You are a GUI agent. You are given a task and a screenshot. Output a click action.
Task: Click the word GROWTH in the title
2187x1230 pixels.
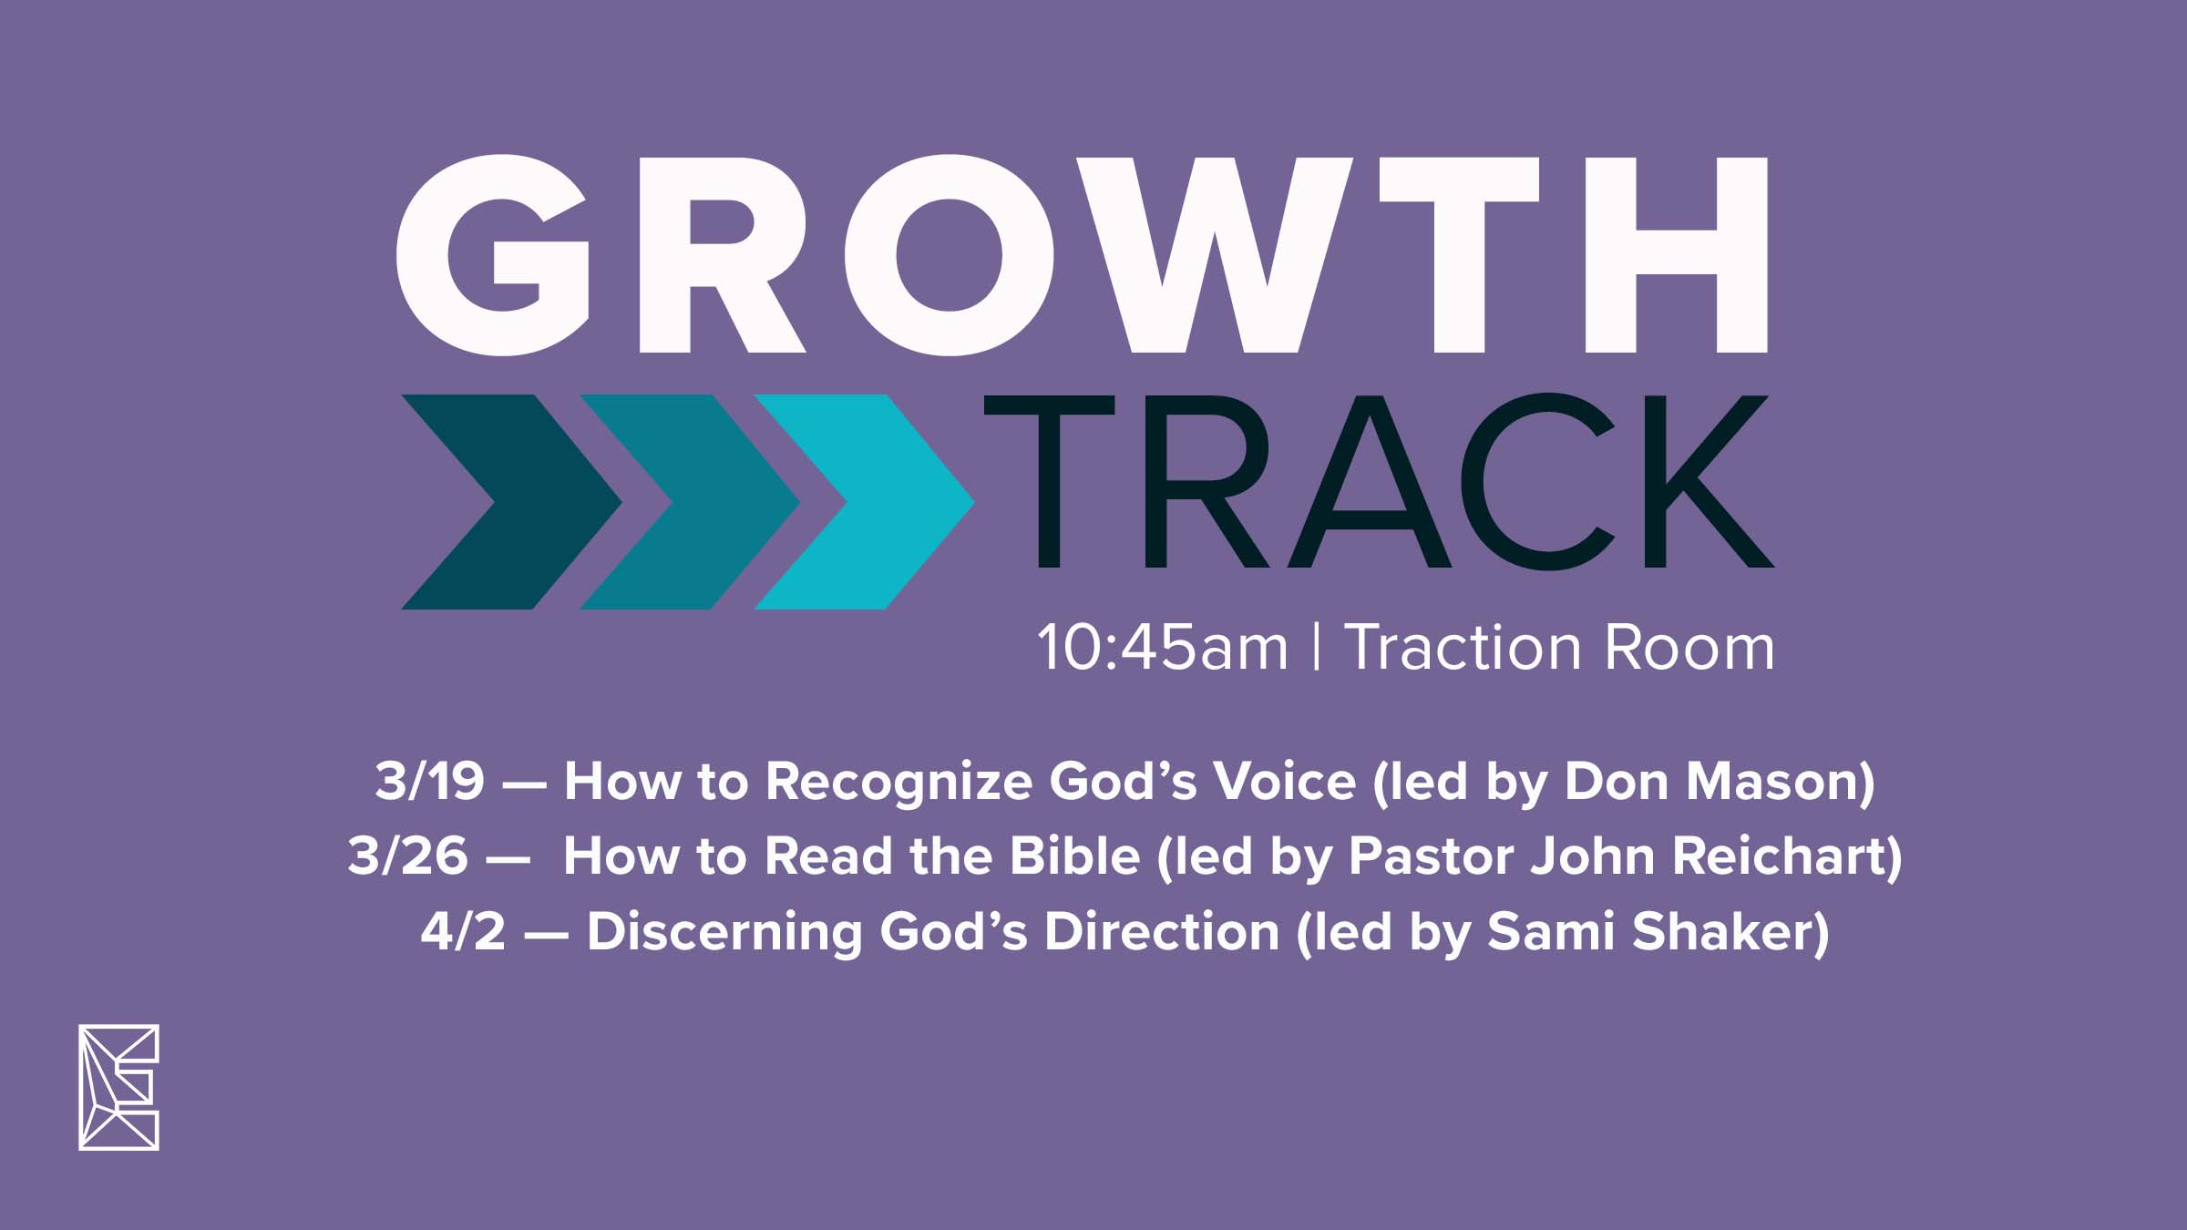tap(1082, 255)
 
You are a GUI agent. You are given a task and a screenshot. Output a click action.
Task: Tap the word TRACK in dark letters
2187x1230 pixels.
tap(1379, 481)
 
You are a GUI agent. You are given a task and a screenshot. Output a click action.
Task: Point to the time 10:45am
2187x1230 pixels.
tap(1163, 649)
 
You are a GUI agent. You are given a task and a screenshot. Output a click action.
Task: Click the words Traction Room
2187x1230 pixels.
tap(1560, 648)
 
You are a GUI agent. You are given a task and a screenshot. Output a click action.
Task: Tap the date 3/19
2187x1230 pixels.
tap(429, 782)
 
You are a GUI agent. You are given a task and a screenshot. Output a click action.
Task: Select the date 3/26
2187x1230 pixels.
tap(407, 856)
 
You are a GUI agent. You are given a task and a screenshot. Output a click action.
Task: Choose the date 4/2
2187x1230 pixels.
tap(463, 932)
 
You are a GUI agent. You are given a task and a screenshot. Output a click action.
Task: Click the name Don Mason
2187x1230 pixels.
tap(1710, 782)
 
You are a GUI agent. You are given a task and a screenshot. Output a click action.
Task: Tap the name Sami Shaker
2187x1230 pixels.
tap(1649, 932)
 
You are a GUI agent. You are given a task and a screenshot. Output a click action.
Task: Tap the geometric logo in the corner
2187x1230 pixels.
tap(118, 1087)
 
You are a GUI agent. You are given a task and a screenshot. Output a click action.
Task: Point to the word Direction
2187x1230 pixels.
tap(1162, 932)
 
